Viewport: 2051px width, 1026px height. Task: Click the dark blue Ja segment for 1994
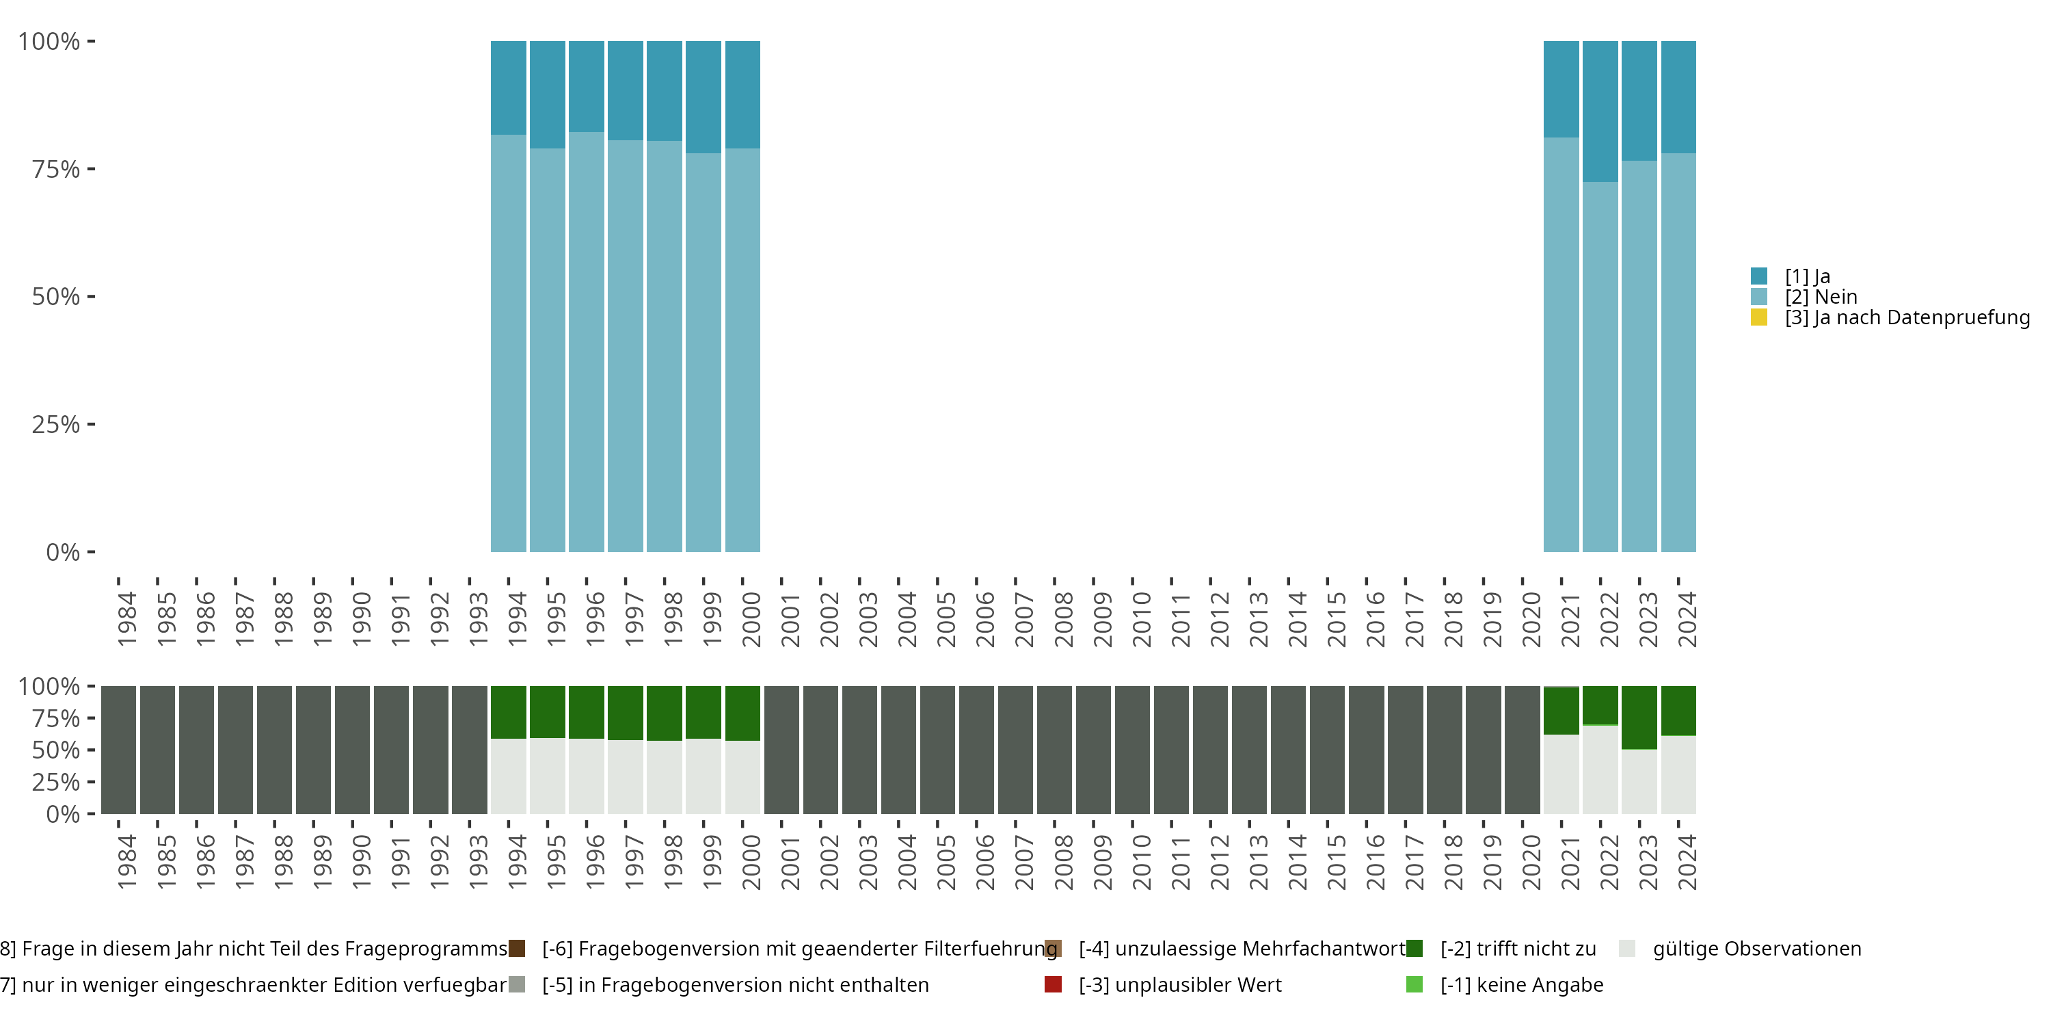click(x=508, y=88)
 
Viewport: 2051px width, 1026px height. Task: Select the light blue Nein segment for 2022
click(x=1600, y=367)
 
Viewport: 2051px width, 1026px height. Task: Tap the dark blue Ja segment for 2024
click(x=1678, y=96)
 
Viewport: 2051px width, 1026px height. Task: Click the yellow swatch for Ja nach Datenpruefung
click(x=1759, y=318)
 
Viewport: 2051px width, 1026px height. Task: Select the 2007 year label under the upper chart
click(x=1023, y=619)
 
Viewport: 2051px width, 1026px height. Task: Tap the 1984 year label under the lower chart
click(x=126, y=862)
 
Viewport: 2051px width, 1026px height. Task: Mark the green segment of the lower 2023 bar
click(x=1639, y=717)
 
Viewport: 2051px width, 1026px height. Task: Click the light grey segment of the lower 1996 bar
click(x=586, y=776)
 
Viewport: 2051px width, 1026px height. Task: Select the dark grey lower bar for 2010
click(x=1132, y=750)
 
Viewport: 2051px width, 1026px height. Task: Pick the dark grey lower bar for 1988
click(x=274, y=750)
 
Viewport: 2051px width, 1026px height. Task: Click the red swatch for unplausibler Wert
click(x=1053, y=984)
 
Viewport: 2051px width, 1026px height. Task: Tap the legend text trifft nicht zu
click(x=1518, y=949)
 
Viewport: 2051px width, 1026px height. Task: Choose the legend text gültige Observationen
click(x=1756, y=949)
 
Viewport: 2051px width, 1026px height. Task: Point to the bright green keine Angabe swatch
click(x=1414, y=984)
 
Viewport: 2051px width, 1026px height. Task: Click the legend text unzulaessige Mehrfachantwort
click(x=1242, y=949)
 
